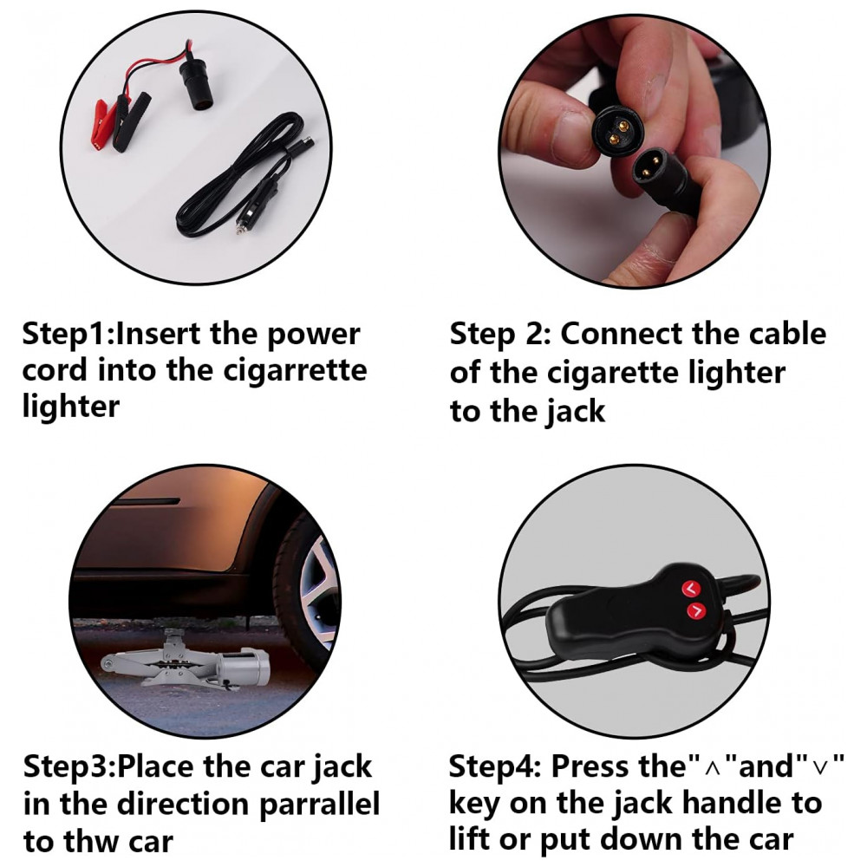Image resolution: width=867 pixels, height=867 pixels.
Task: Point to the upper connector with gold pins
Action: coord(615,131)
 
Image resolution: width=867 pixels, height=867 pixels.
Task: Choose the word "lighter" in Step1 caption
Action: coord(71,408)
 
